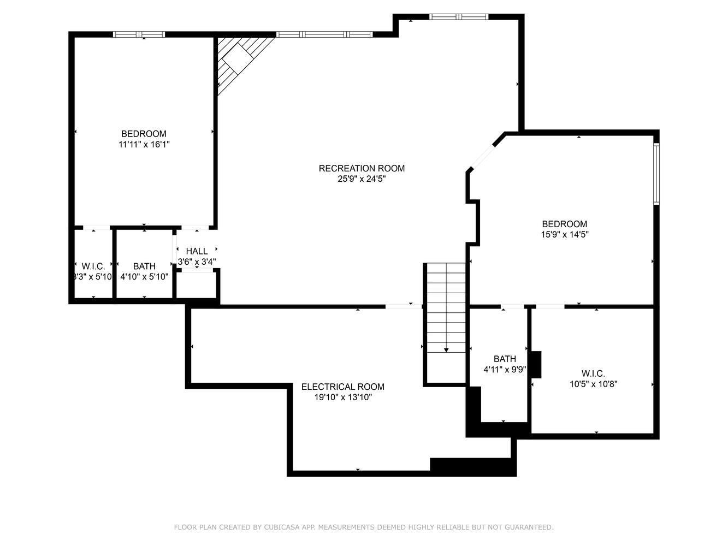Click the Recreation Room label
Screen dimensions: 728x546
(x=362, y=168)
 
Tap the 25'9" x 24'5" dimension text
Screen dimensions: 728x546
(x=362, y=179)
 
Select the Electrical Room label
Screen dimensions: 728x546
(x=343, y=387)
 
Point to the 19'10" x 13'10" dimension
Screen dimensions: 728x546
(x=343, y=397)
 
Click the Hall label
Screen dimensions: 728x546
(x=197, y=251)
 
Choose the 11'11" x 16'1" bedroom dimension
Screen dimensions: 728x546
(x=144, y=145)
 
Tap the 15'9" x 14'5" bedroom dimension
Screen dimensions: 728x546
(x=565, y=235)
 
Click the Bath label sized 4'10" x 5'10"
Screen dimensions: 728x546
(x=144, y=266)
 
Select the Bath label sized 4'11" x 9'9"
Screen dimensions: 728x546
(x=505, y=359)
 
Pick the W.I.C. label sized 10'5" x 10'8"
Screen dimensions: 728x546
(x=593, y=373)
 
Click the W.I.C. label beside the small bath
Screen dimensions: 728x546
(x=93, y=266)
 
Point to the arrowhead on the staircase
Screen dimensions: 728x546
(x=446, y=350)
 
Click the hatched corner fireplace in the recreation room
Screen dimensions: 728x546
(x=237, y=60)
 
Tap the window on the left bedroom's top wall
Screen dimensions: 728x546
(x=139, y=34)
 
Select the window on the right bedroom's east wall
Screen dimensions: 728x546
(x=656, y=174)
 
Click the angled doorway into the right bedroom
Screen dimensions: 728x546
(x=483, y=158)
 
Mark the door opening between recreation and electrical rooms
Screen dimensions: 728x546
(x=404, y=307)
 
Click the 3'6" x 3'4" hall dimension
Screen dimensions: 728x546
(x=197, y=262)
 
